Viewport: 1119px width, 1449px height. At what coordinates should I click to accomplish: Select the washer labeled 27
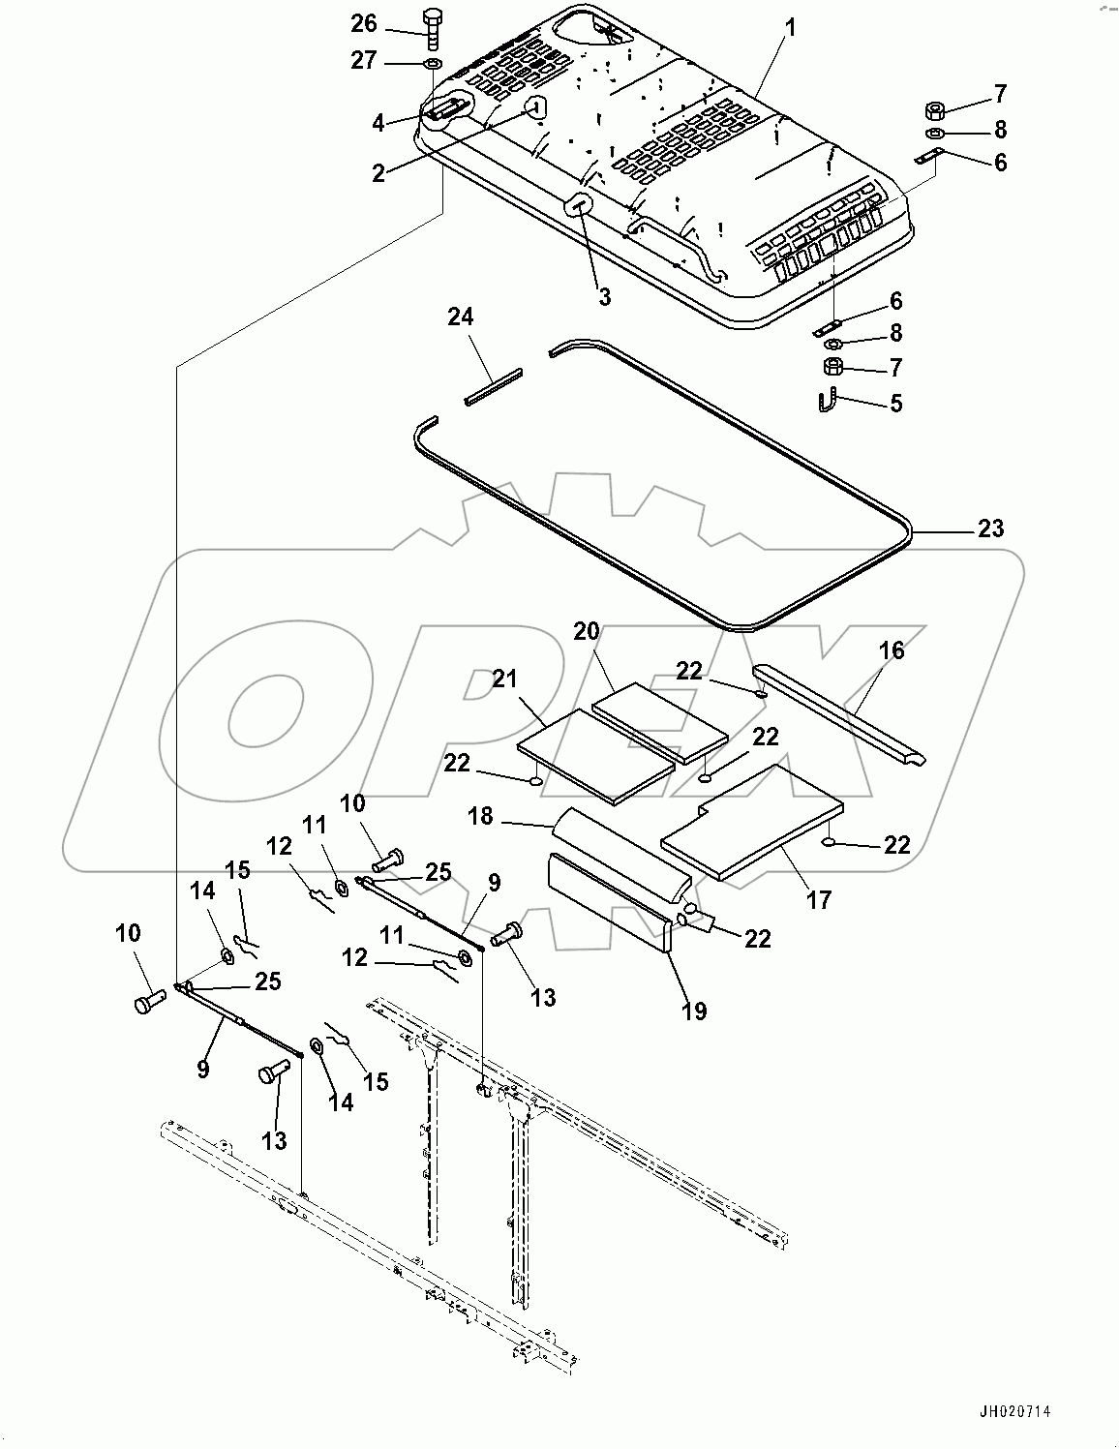click(432, 64)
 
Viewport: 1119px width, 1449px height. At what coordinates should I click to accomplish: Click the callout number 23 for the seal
click(990, 528)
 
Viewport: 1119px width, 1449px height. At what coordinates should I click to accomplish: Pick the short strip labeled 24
click(494, 386)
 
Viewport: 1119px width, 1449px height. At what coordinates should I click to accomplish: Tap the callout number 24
click(461, 317)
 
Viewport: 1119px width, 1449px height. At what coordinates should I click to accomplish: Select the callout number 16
click(892, 650)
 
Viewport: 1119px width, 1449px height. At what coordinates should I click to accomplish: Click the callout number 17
click(819, 899)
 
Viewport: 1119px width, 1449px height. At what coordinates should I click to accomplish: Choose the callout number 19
click(694, 1011)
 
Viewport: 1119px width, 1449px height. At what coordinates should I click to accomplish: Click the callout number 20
click(587, 631)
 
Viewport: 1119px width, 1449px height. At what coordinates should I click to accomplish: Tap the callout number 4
click(379, 122)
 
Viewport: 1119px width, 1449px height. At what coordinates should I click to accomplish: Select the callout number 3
click(604, 297)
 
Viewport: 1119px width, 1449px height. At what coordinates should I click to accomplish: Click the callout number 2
click(378, 172)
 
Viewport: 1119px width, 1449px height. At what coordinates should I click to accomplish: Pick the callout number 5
click(896, 403)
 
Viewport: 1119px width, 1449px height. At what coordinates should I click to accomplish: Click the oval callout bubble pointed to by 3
click(579, 204)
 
